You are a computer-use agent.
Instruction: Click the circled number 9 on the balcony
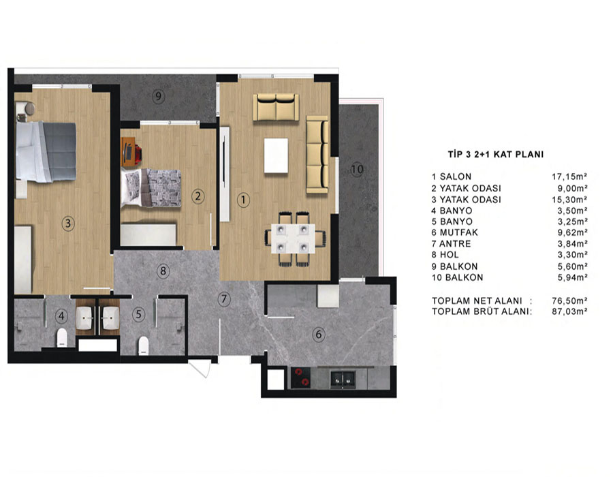pyautogui.click(x=158, y=96)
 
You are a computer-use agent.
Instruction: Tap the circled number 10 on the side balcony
pyautogui.click(x=356, y=170)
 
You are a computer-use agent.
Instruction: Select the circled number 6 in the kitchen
pyautogui.click(x=319, y=335)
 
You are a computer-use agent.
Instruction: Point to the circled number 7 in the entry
pyautogui.click(x=223, y=300)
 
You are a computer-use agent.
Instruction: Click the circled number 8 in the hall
pyautogui.click(x=163, y=271)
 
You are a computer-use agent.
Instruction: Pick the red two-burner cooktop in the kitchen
pyautogui.click(x=300, y=378)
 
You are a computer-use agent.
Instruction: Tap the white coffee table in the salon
pyautogui.click(x=276, y=155)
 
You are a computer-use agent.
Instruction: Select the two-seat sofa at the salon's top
pyautogui.click(x=276, y=107)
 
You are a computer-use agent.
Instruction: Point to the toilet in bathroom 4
pyautogui.click(x=62, y=338)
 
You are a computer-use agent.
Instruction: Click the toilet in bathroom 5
pyautogui.click(x=144, y=345)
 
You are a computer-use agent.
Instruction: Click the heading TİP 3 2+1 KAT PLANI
pyautogui.click(x=496, y=155)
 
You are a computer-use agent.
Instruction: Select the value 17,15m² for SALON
pyautogui.click(x=569, y=176)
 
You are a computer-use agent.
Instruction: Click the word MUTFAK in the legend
pyautogui.click(x=458, y=232)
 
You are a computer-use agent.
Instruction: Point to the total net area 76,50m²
pyautogui.click(x=569, y=301)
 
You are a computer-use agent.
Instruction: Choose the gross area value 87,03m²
pyautogui.click(x=569, y=311)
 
